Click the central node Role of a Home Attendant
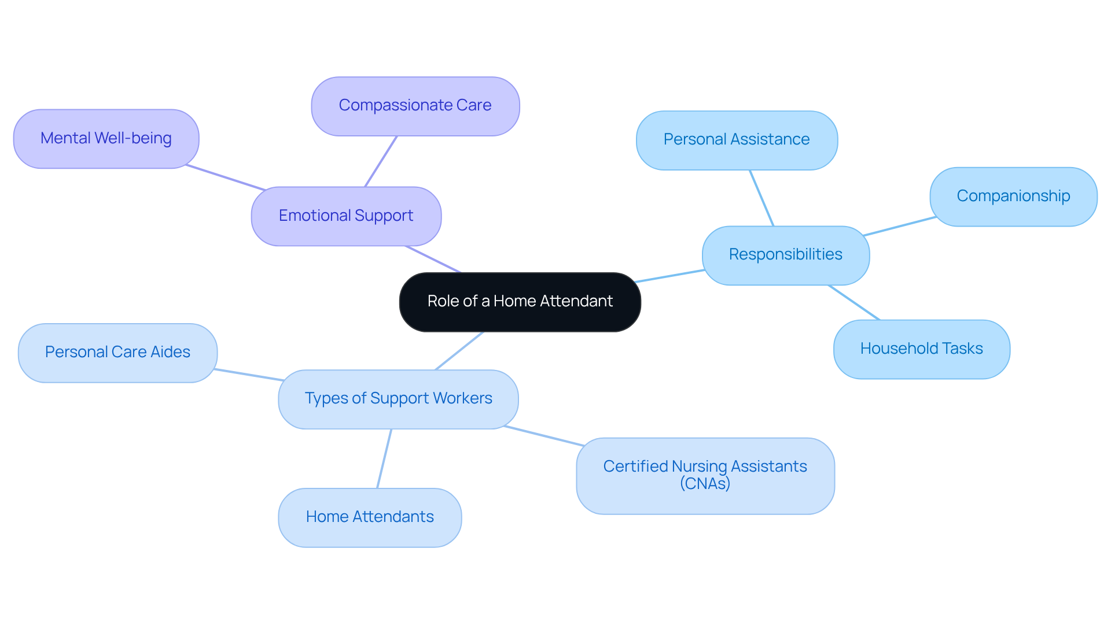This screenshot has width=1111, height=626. [520, 302]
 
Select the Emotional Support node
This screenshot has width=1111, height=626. [346, 216]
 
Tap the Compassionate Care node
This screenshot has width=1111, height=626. [415, 106]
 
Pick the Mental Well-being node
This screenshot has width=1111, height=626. [106, 139]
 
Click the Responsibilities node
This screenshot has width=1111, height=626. [785, 255]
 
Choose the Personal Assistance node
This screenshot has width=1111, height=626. [736, 140]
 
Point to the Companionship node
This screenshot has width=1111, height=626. [1013, 197]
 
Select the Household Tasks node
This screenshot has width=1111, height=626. [921, 349]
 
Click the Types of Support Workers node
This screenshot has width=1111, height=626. [398, 399]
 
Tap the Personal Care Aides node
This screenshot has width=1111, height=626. [117, 353]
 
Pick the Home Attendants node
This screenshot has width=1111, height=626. [370, 517]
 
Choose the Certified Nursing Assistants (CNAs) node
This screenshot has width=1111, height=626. [705, 475]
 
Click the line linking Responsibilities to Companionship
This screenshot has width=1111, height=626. [900, 226]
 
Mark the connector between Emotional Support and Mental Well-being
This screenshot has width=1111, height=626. [226, 177]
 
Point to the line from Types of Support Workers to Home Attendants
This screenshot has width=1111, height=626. [384, 459]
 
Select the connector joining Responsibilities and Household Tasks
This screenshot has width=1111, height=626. [854, 302]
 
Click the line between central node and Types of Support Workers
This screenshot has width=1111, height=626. [459, 351]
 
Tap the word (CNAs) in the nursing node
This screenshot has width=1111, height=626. [705, 484]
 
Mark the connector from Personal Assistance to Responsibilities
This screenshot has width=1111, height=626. [761, 198]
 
